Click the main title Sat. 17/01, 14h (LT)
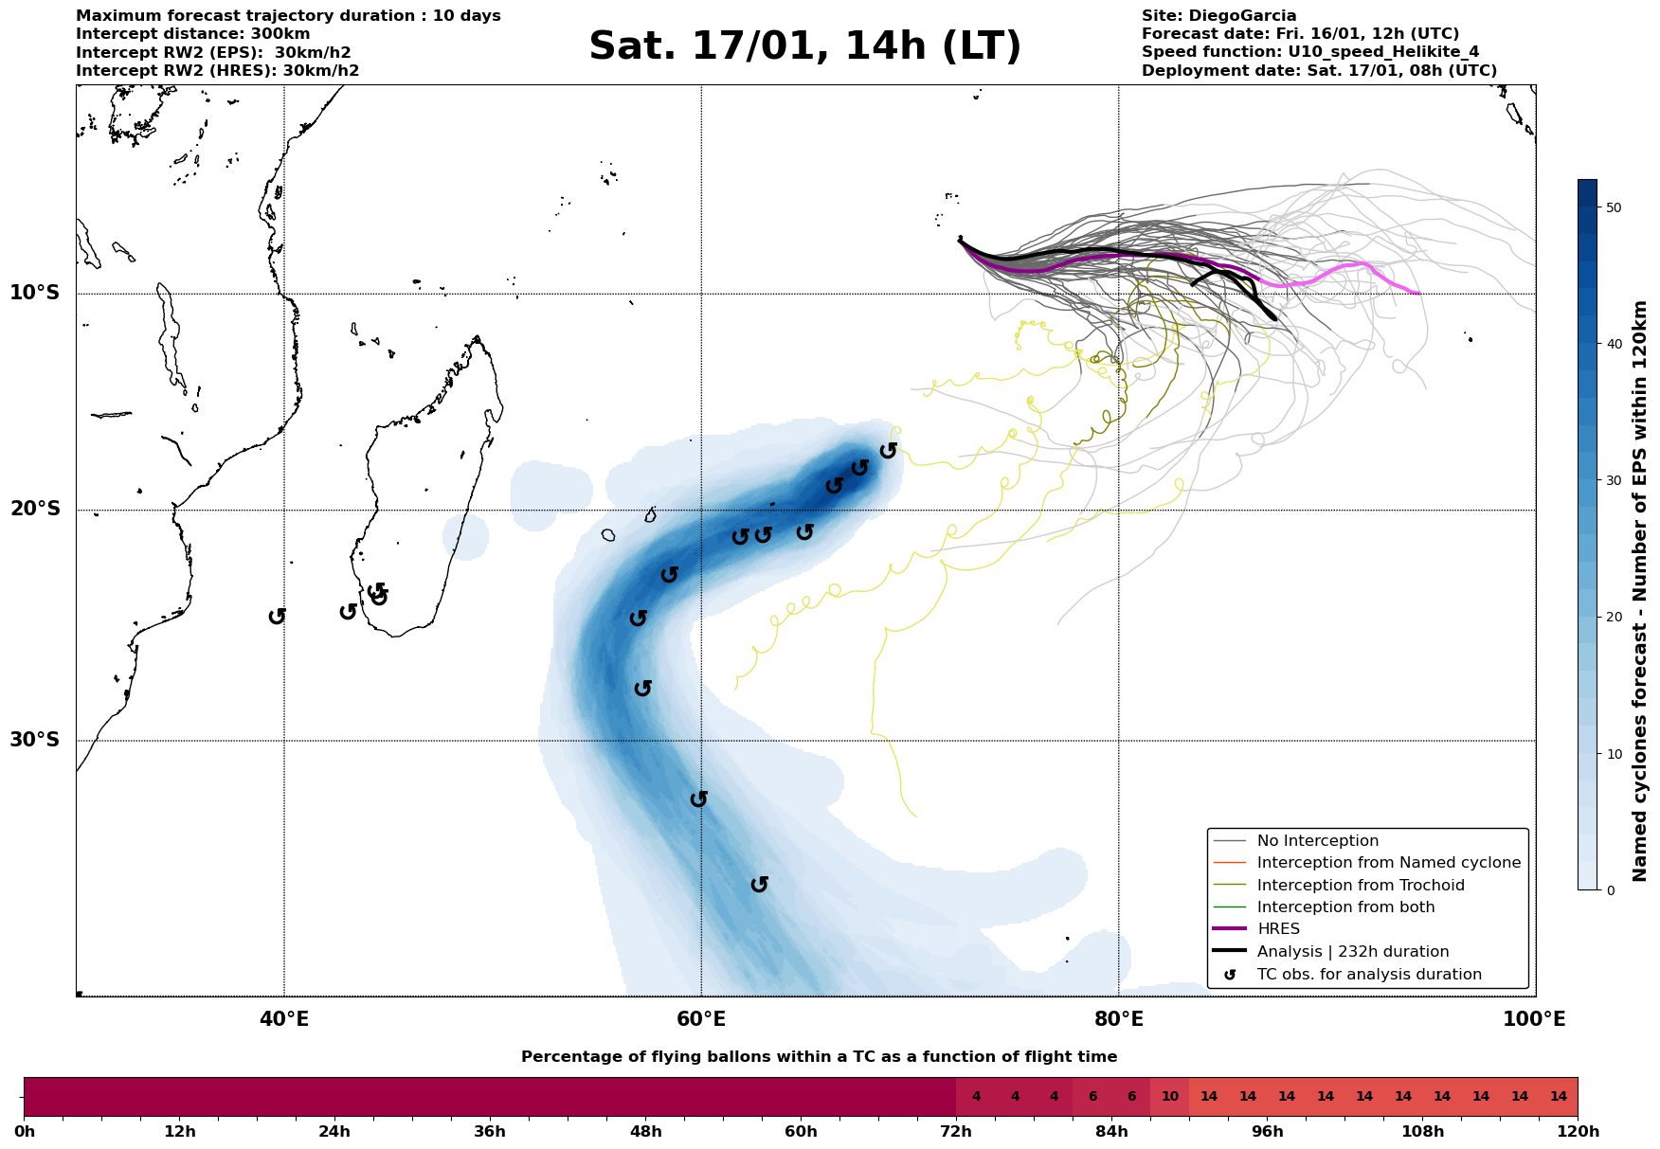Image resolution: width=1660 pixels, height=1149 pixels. pyautogui.click(x=804, y=46)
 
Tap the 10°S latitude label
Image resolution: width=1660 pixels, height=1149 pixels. pyautogui.click(x=35, y=293)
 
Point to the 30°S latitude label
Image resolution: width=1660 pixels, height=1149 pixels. pyautogui.click(x=35, y=740)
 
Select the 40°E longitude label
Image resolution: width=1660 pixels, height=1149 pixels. pyautogui.click(x=283, y=1019)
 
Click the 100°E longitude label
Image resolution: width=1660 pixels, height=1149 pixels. pyautogui.click(x=1535, y=1019)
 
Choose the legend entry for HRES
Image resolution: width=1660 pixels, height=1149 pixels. pyautogui.click(x=1278, y=929)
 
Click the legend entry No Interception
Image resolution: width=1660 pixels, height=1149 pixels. pyautogui.click(x=1317, y=841)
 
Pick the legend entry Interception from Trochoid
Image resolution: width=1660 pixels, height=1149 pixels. pyautogui.click(x=1361, y=886)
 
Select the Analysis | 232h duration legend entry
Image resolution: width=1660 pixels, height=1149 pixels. pyautogui.click(x=1352, y=952)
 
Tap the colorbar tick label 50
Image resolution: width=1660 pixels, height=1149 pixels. pyautogui.click(x=1613, y=207)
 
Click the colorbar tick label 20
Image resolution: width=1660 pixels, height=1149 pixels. pyautogui.click(x=1613, y=618)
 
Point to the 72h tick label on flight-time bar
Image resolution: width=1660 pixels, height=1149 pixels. pyautogui.click(x=956, y=1132)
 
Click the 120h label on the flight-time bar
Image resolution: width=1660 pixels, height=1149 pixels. pyautogui.click(x=1578, y=1132)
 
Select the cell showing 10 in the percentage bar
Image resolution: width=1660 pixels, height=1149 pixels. pyautogui.click(x=1169, y=1097)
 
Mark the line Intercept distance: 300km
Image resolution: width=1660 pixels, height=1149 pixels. pyautogui.click(x=193, y=34)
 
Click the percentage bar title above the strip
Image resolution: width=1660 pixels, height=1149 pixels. pyautogui.click(x=819, y=1057)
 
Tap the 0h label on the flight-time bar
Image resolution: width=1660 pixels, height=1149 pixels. pyautogui.click(x=24, y=1132)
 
